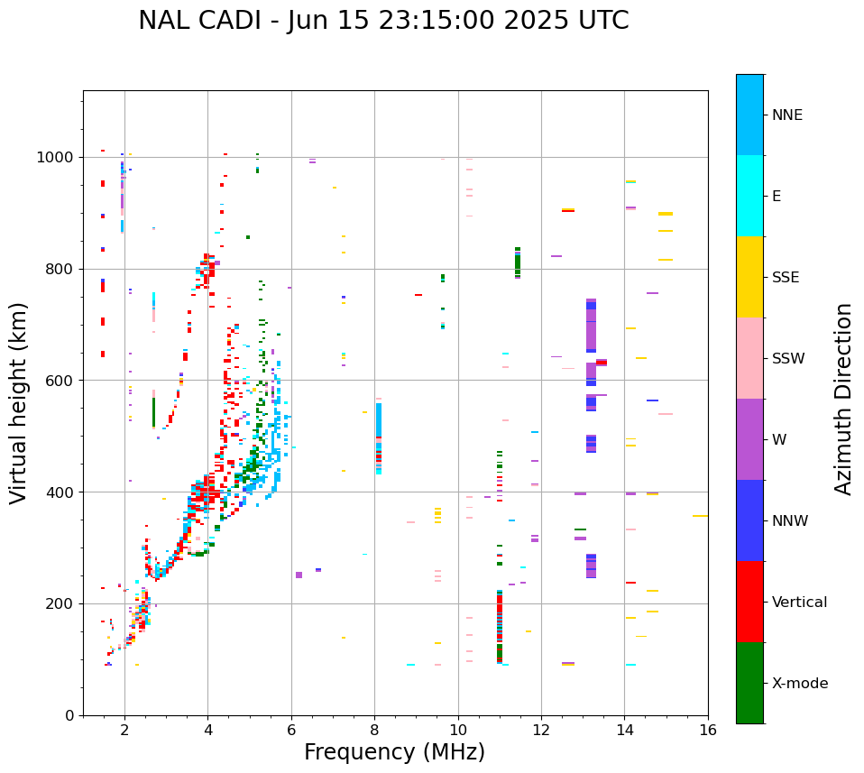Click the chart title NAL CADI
click(383, 21)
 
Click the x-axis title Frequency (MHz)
click(394, 752)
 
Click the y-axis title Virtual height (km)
click(19, 402)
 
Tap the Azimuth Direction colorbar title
click(843, 398)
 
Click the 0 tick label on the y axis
click(69, 715)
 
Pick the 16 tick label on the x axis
click(708, 730)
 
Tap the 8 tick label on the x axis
click(374, 730)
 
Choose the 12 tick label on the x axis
click(541, 730)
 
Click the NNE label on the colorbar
click(786, 115)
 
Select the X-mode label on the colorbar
click(799, 684)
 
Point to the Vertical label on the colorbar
click(799, 603)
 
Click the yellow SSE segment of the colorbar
click(749, 277)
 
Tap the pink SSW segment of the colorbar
click(749, 358)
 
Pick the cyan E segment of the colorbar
click(749, 196)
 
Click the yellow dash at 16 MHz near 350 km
click(700, 516)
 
